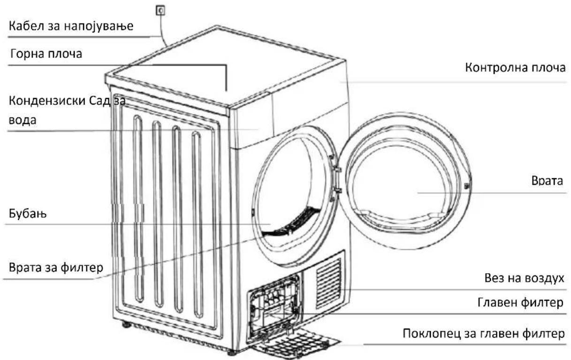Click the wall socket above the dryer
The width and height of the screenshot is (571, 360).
coord(160,10)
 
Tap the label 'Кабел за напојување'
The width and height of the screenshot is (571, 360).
coord(71,26)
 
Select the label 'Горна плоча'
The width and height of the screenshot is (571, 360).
coord(46,54)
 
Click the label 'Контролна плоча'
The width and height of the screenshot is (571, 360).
coord(515,68)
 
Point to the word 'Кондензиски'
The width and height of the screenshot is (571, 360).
coord(47,101)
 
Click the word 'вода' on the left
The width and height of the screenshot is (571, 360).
coord(23,120)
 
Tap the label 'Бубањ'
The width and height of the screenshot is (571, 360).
coord(28,214)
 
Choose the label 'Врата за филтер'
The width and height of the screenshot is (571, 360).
coord(56,268)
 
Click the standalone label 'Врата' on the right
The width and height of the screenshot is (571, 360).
coord(547,181)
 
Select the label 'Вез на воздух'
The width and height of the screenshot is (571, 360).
coord(524,278)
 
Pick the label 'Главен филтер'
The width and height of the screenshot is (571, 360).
coord(520,303)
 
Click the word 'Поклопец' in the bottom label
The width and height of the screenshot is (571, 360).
coord(432,334)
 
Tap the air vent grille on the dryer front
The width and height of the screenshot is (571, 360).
coord(329,283)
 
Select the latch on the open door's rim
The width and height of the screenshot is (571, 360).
coord(467,186)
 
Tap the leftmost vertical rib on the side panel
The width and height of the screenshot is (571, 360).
coord(138,209)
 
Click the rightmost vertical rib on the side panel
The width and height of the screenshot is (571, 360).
coord(198,224)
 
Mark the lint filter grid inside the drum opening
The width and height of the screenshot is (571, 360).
coord(292,222)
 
